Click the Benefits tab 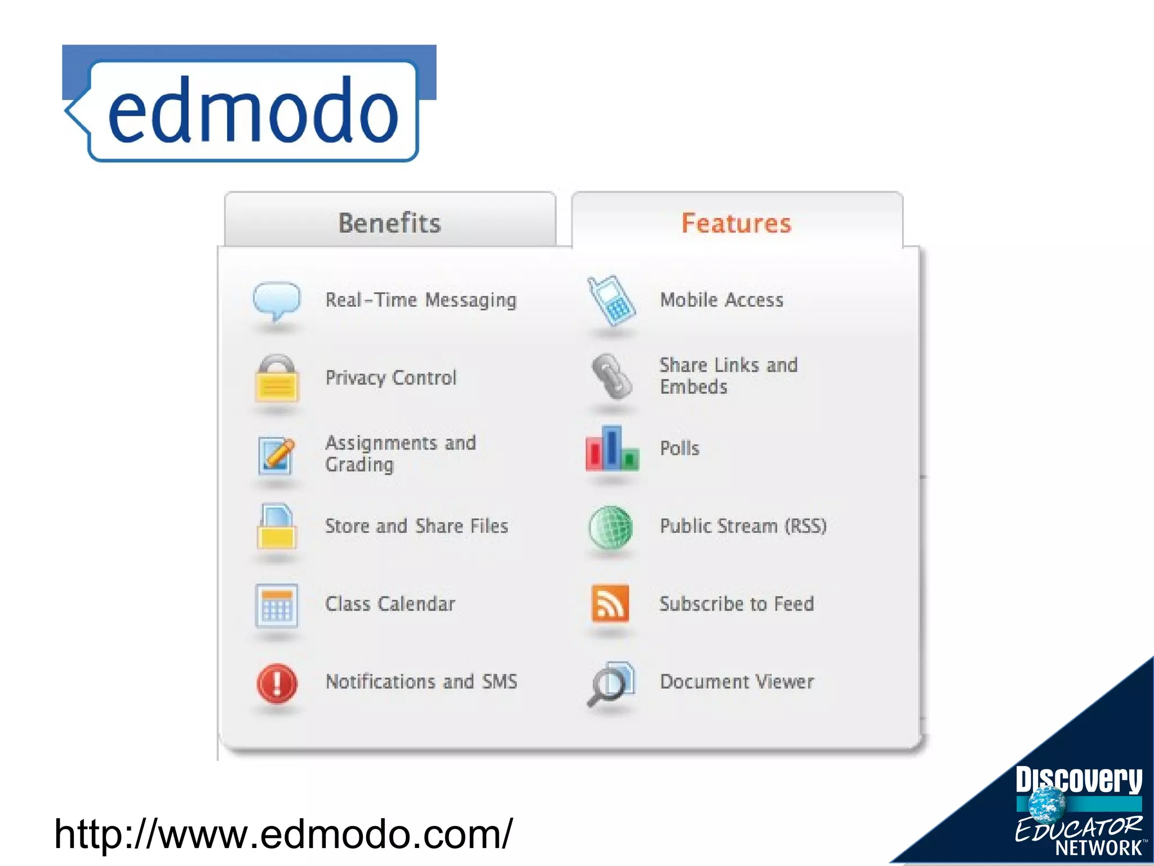[390, 223]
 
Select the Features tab [736, 223]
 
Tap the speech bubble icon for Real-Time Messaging [276, 300]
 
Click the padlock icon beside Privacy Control [276, 379]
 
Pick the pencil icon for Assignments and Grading [276, 454]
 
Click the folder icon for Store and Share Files [276, 527]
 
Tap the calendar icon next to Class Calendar [276, 606]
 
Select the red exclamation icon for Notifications [277, 683]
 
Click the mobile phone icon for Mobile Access [611, 301]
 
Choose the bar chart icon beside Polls [612, 450]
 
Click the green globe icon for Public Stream [611, 527]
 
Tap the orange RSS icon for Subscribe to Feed [610, 603]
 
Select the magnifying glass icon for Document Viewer [610, 683]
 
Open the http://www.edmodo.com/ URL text [283, 834]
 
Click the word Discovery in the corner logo [1078, 780]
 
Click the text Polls [680, 448]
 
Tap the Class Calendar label [390, 604]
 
